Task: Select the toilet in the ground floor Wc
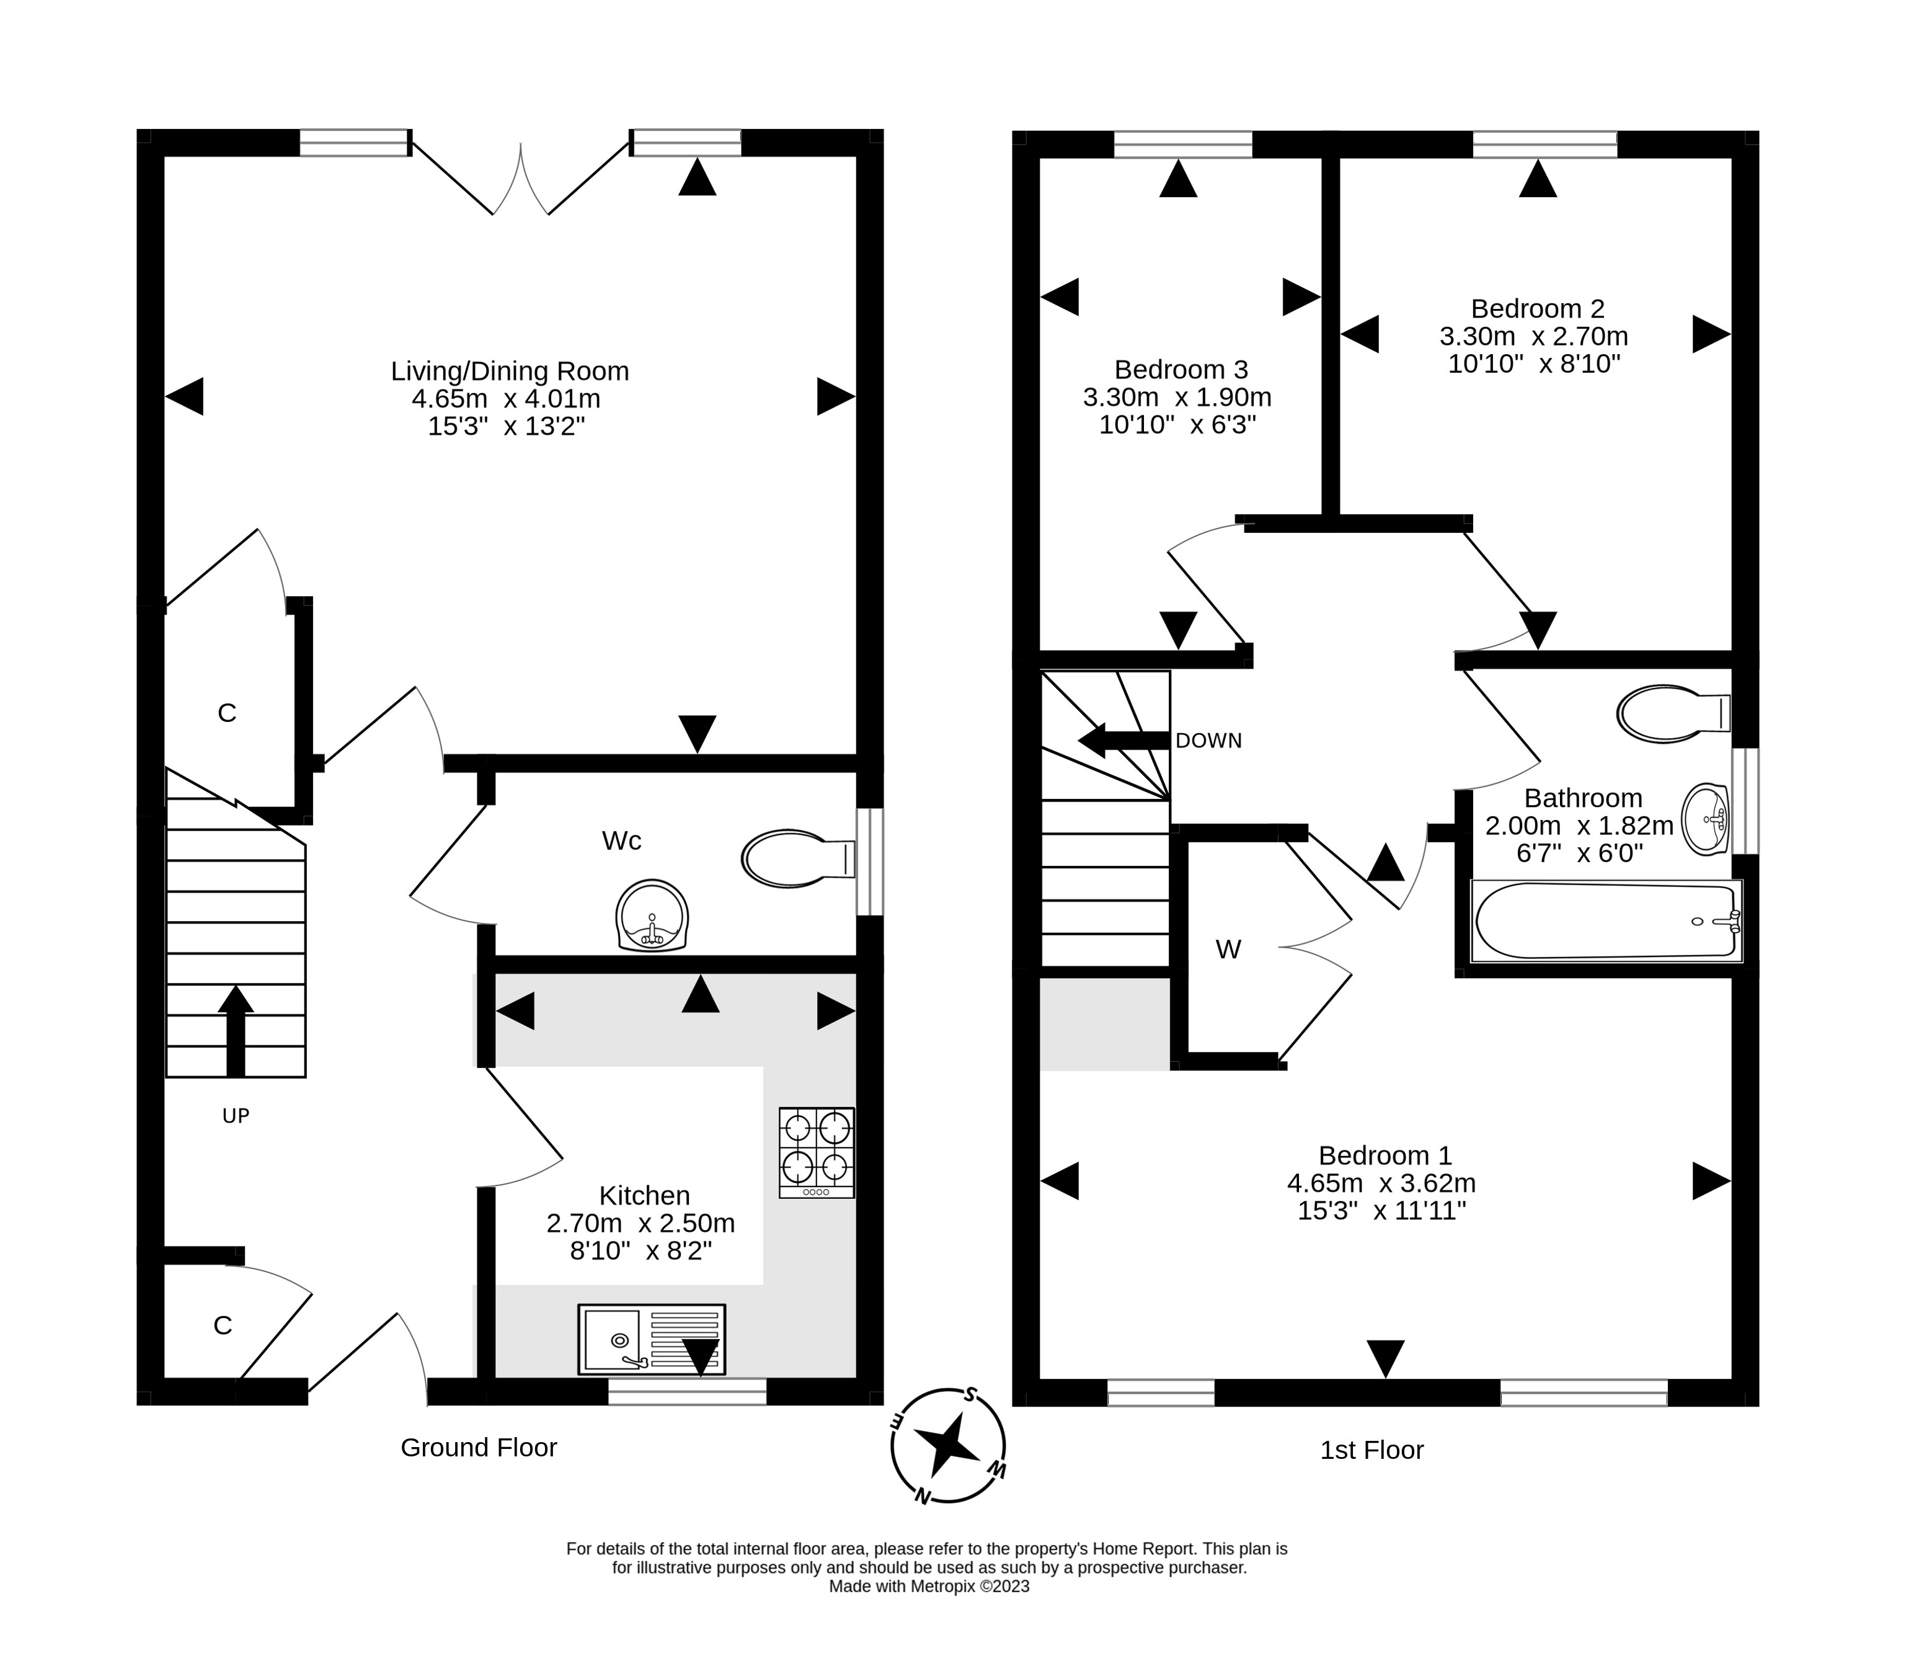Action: (798, 858)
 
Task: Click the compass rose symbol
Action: (947, 1445)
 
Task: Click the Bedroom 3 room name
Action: (1181, 370)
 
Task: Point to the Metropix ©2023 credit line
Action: (929, 1586)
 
